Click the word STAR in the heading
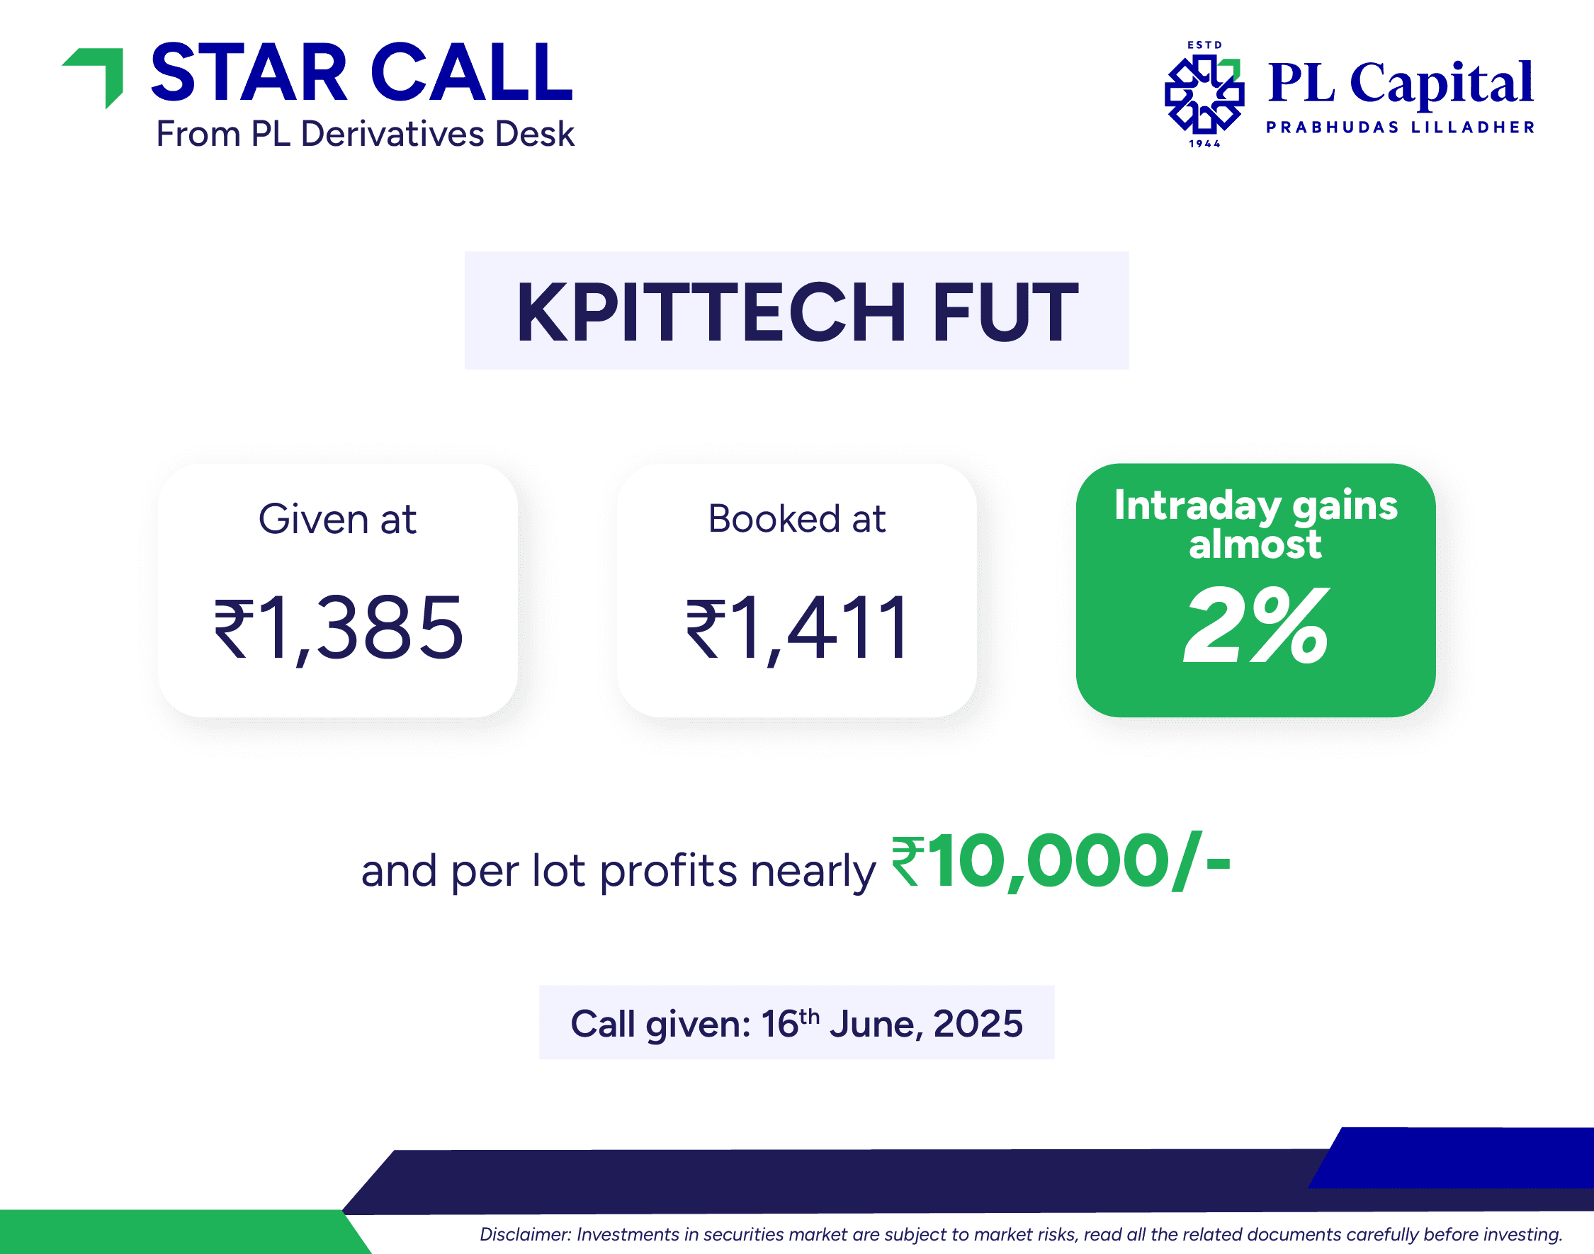(x=248, y=73)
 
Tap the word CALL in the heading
(x=472, y=73)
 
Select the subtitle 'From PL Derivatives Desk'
(x=365, y=135)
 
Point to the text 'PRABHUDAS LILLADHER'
(x=1400, y=127)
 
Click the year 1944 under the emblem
(x=1204, y=144)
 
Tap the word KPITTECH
(x=711, y=313)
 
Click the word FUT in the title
(x=1005, y=313)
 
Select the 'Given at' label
(x=337, y=519)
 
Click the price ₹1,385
(x=338, y=628)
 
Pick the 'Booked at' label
(x=797, y=519)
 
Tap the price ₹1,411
(x=797, y=628)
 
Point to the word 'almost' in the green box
(x=1255, y=544)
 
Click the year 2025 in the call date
(x=978, y=1023)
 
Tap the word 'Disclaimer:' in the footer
(x=525, y=1235)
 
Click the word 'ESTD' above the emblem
(x=1204, y=45)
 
